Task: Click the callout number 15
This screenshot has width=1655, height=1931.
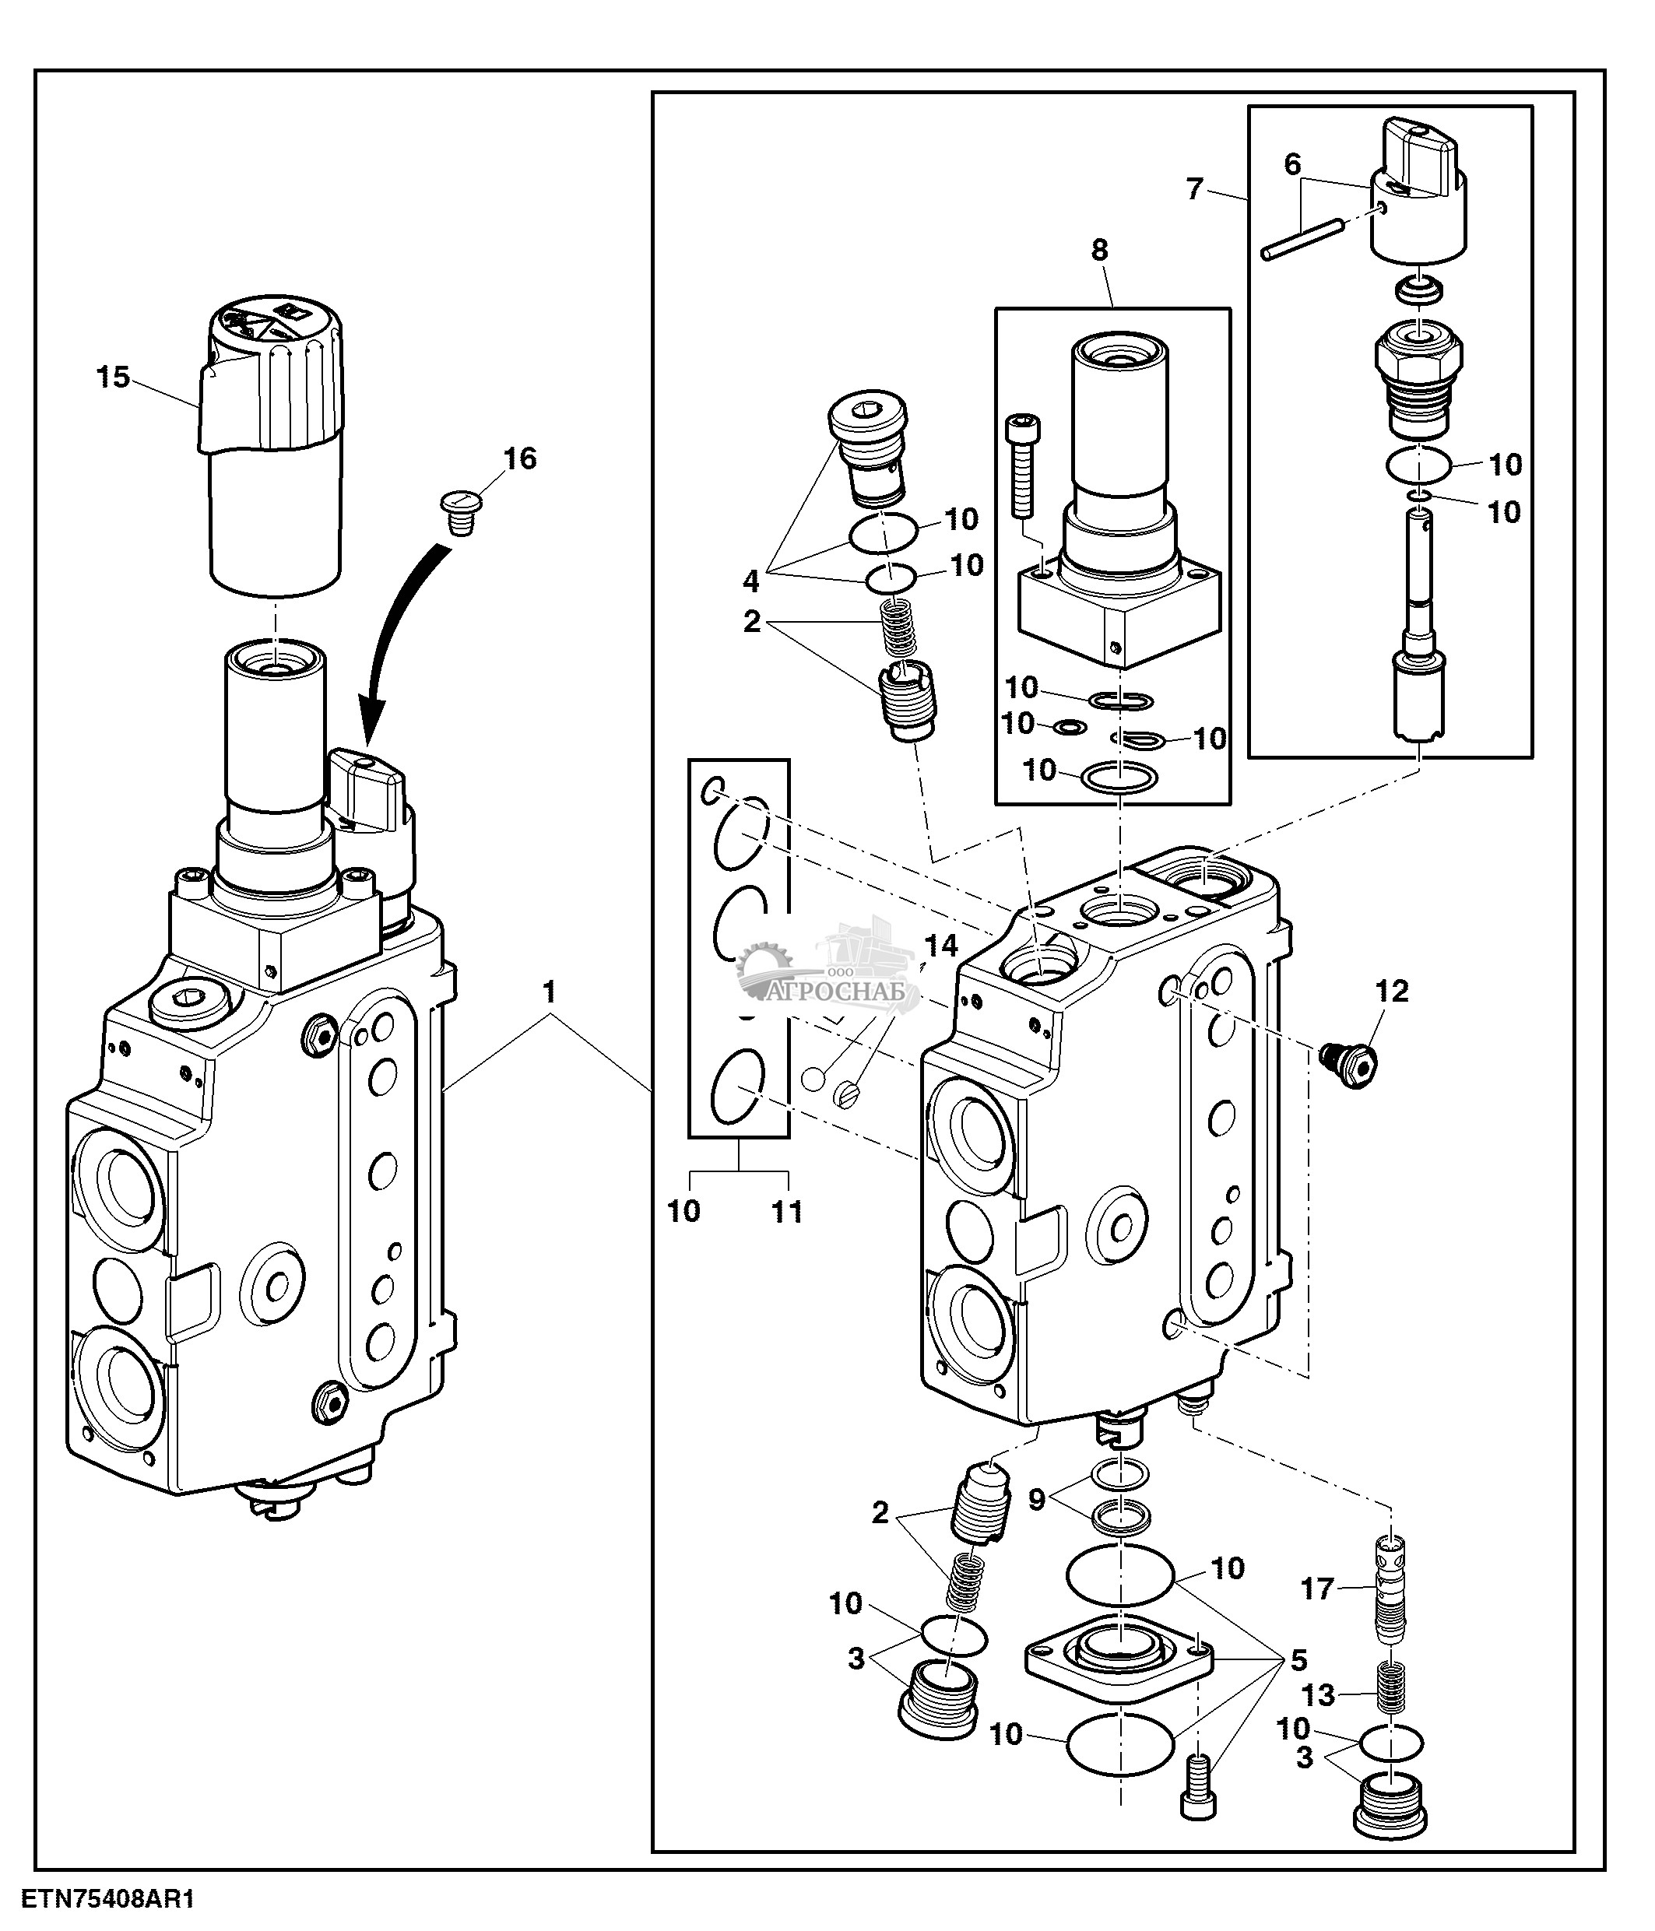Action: pos(113,377)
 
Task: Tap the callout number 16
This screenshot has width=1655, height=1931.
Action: pos(520,458)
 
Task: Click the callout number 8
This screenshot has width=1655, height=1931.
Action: pos(1100,250)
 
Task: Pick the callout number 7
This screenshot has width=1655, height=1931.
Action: pos(1195,189)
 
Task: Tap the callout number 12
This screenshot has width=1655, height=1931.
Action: pos(1392,992)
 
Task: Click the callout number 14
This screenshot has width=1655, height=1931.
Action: pos(941,946)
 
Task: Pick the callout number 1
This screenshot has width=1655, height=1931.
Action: pos(550,992)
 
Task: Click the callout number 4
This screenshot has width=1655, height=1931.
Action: pos(751,581)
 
